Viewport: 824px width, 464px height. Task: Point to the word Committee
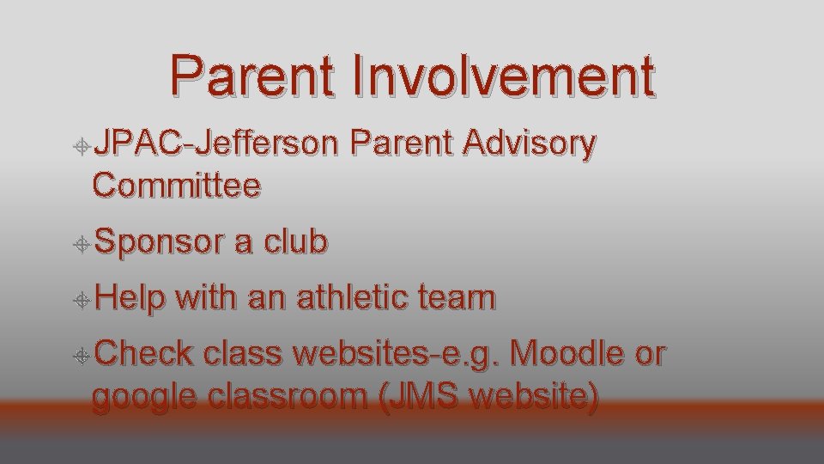[x=177, y=184]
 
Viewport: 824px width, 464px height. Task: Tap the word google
[x=144, y=399]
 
